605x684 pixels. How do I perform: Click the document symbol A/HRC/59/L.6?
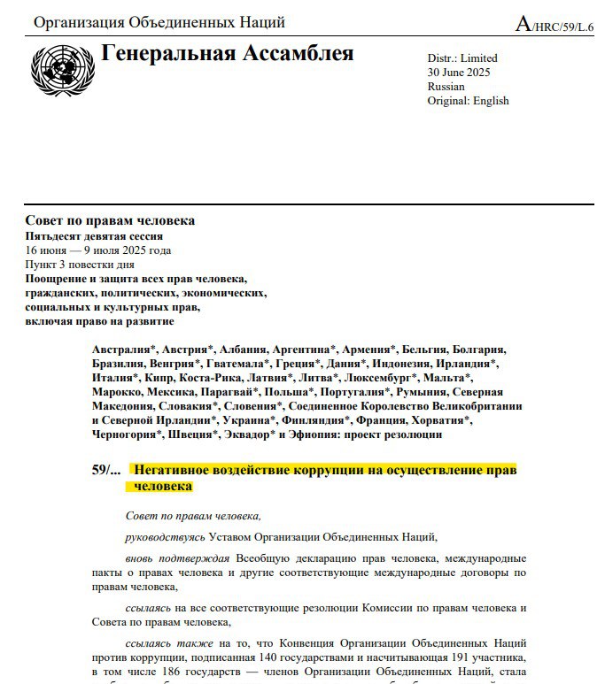click(x=555, y=26)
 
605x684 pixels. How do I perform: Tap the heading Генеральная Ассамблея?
click(x=228, y=54)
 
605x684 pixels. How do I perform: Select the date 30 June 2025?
click(x=458, y=73)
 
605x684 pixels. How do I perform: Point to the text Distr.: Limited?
click(x=462, y=58)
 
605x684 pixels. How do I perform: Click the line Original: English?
click(x=468, y=101)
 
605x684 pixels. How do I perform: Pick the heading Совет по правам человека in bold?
click(x=110, y=220)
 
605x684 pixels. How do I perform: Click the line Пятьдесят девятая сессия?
click(x=94, y=236)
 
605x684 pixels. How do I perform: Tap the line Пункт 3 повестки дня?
click(x=80, y=265)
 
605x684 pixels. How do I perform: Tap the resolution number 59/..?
click(x=105, y=470)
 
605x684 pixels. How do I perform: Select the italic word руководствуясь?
click(x=165, y=536)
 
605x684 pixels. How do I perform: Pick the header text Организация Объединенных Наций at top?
click(x=159, y=22)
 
